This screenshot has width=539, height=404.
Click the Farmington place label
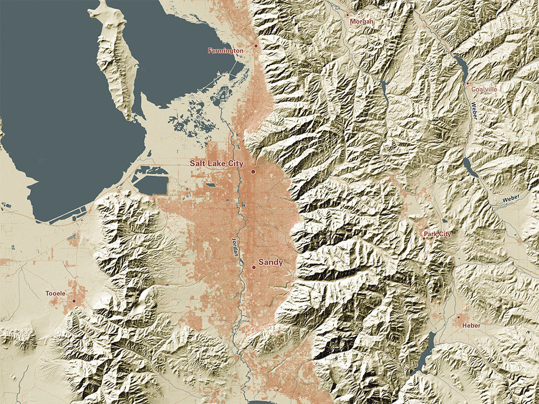pos(225,51)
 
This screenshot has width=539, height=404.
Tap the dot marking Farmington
pos(256,46)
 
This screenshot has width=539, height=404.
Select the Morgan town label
pos(361,22)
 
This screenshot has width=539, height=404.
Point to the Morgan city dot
pos(347,15)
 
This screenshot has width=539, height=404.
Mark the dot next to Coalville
pos(467,83)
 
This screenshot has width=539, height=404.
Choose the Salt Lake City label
pos(216,164)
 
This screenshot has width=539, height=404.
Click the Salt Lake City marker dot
pos(253,171)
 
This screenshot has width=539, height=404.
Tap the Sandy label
pos(271,262)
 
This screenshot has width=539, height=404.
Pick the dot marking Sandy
pos(254,267)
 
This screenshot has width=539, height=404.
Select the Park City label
pos(437,234)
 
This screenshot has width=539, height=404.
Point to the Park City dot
pos(424,238)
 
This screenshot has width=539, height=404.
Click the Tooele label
pos(56,293)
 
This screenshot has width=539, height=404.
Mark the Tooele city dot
pos(74,301)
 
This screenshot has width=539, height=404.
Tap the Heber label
pos(471,326)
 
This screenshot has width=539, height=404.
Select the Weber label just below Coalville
pos(474,110)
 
